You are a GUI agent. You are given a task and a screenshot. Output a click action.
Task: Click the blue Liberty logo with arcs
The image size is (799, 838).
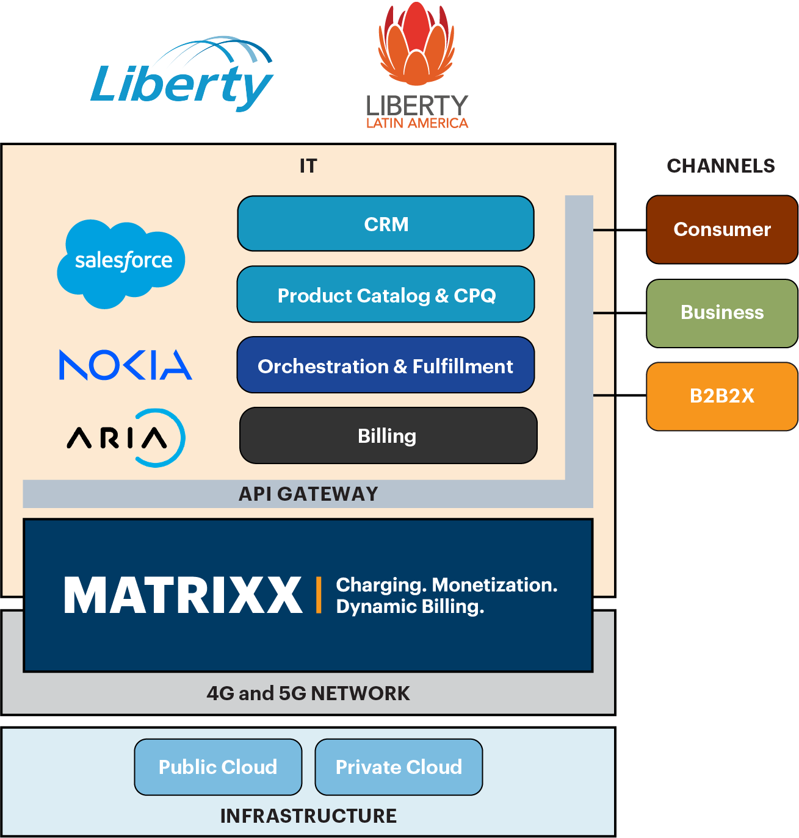click(x=182, y=76)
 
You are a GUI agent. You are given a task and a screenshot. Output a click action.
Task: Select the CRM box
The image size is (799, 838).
click(x=386, y=224)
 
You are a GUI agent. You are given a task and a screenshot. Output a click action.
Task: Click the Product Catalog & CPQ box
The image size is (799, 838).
click(x=386, y=295)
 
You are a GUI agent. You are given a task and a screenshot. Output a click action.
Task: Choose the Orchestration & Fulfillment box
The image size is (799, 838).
click(x=386, y=365)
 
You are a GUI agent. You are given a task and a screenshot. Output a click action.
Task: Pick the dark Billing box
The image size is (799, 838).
click(x=388, y=435)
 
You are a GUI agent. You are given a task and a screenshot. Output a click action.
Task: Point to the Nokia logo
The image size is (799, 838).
click(x=125, y=365)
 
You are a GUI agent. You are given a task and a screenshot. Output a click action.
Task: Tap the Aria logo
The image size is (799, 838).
click(x=126, y=438)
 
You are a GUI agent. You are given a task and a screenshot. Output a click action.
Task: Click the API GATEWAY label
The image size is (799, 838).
click(x=308, y=494)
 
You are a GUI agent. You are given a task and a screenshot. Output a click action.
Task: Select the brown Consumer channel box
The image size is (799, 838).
click(x=722, y=229)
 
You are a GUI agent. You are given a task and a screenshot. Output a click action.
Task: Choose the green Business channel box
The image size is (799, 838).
click(x=722, y=313)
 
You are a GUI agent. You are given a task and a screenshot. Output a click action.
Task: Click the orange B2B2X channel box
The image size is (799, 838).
click(x=722, y=396)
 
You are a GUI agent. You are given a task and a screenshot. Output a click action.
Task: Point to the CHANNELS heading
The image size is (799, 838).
click(x=721, y=166)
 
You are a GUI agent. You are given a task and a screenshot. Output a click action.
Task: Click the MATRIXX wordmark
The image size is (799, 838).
click(x=183, y=595)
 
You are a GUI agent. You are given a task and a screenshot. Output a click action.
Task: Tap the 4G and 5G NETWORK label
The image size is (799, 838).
click(x=308, y=693)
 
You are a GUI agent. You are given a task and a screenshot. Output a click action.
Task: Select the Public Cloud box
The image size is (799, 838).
click(x=218, y=767)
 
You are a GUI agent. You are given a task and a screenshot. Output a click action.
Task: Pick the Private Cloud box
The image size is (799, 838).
click(x=399, y=767)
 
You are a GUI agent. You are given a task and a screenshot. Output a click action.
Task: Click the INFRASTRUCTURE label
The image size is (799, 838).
click(x=308, y=816)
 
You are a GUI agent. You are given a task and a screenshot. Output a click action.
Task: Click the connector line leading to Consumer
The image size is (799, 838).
click(x=604, y=230)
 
